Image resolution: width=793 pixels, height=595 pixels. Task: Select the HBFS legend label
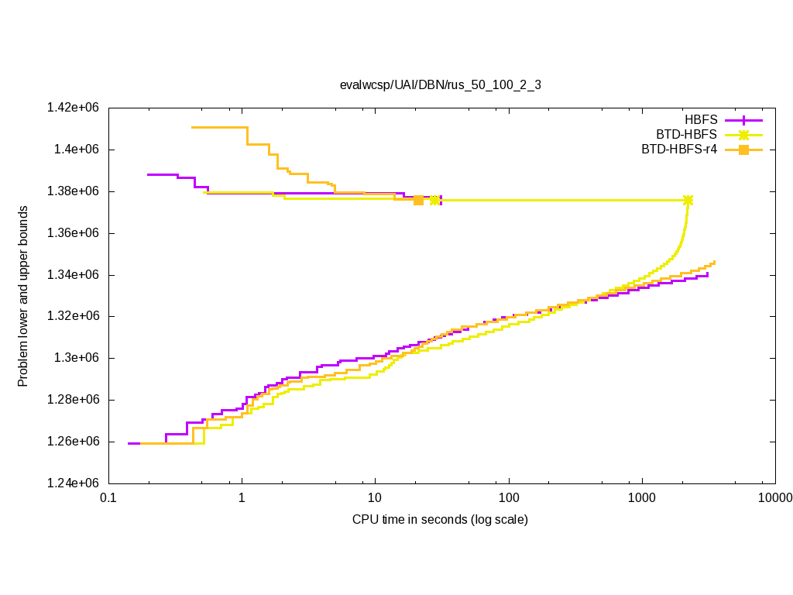point(701,120)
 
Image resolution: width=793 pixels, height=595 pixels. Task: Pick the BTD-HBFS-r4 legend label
point(679,150)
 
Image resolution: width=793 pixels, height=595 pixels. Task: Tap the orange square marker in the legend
point(743,150)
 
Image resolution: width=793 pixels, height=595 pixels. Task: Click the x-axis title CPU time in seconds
point(440,519)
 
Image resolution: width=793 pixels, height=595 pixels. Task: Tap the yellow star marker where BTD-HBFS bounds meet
point(688,200)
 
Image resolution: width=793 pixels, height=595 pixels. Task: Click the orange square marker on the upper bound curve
point(419,200)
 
